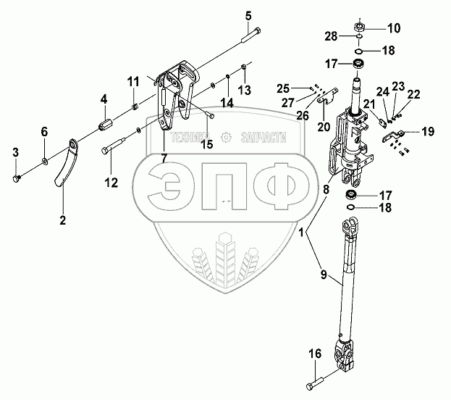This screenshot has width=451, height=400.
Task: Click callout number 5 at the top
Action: tap(248, 14)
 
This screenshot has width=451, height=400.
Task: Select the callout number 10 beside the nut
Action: tap(393, 28)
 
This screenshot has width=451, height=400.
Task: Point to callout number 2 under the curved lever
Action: tap(62, 220)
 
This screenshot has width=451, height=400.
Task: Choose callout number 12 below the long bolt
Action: tap(111, 183)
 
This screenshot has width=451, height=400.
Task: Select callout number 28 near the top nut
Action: tap(330, 36)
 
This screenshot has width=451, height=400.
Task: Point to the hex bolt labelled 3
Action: tap(18, 177)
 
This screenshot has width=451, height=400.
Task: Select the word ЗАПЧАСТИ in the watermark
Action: tap(262, 136)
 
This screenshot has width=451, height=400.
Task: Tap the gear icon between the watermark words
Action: tap(227, 136)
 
